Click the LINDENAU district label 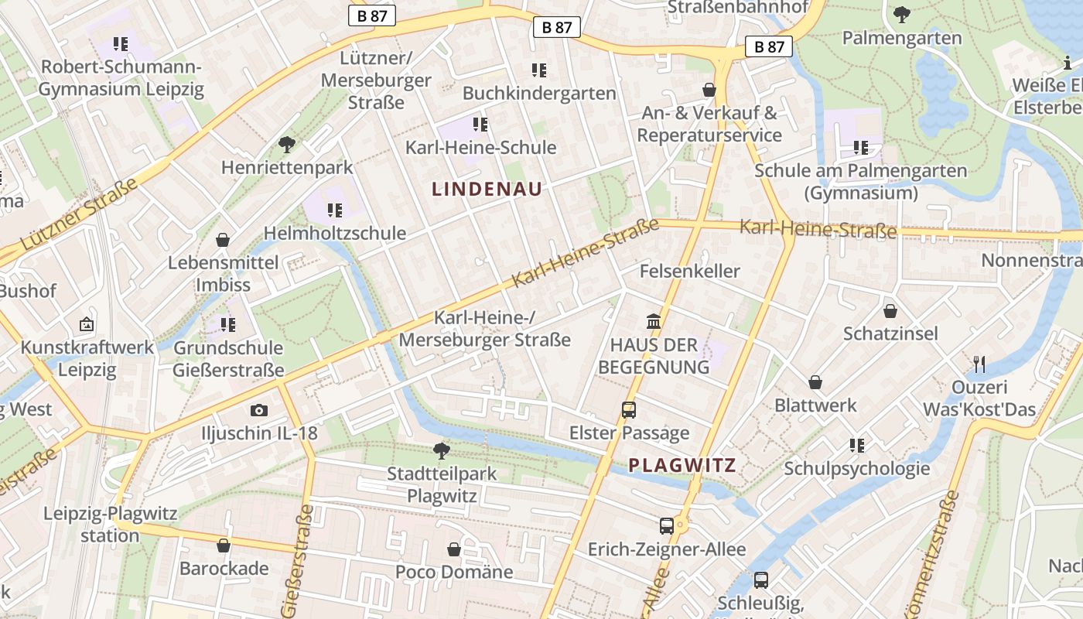point(487,189)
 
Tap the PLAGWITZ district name point(682,465)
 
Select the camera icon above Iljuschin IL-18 point(259,410)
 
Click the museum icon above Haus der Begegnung point(654,321)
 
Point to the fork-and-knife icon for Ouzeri point(979,364)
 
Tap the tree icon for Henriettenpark point(287,144)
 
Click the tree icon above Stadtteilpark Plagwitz point(442,450)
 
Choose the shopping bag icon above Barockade point(224,545)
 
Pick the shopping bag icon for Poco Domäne point(454,549)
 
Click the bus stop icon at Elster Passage point(629,410)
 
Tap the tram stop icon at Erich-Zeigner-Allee point(667,526)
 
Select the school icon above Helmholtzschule point(335,210)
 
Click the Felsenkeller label point(689,271)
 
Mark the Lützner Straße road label point(77,214)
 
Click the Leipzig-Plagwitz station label point(110,524)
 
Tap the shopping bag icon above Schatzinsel point(890,311)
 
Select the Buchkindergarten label point(539,93)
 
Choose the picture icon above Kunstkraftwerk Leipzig point(87,324)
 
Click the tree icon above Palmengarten point(902,14)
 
